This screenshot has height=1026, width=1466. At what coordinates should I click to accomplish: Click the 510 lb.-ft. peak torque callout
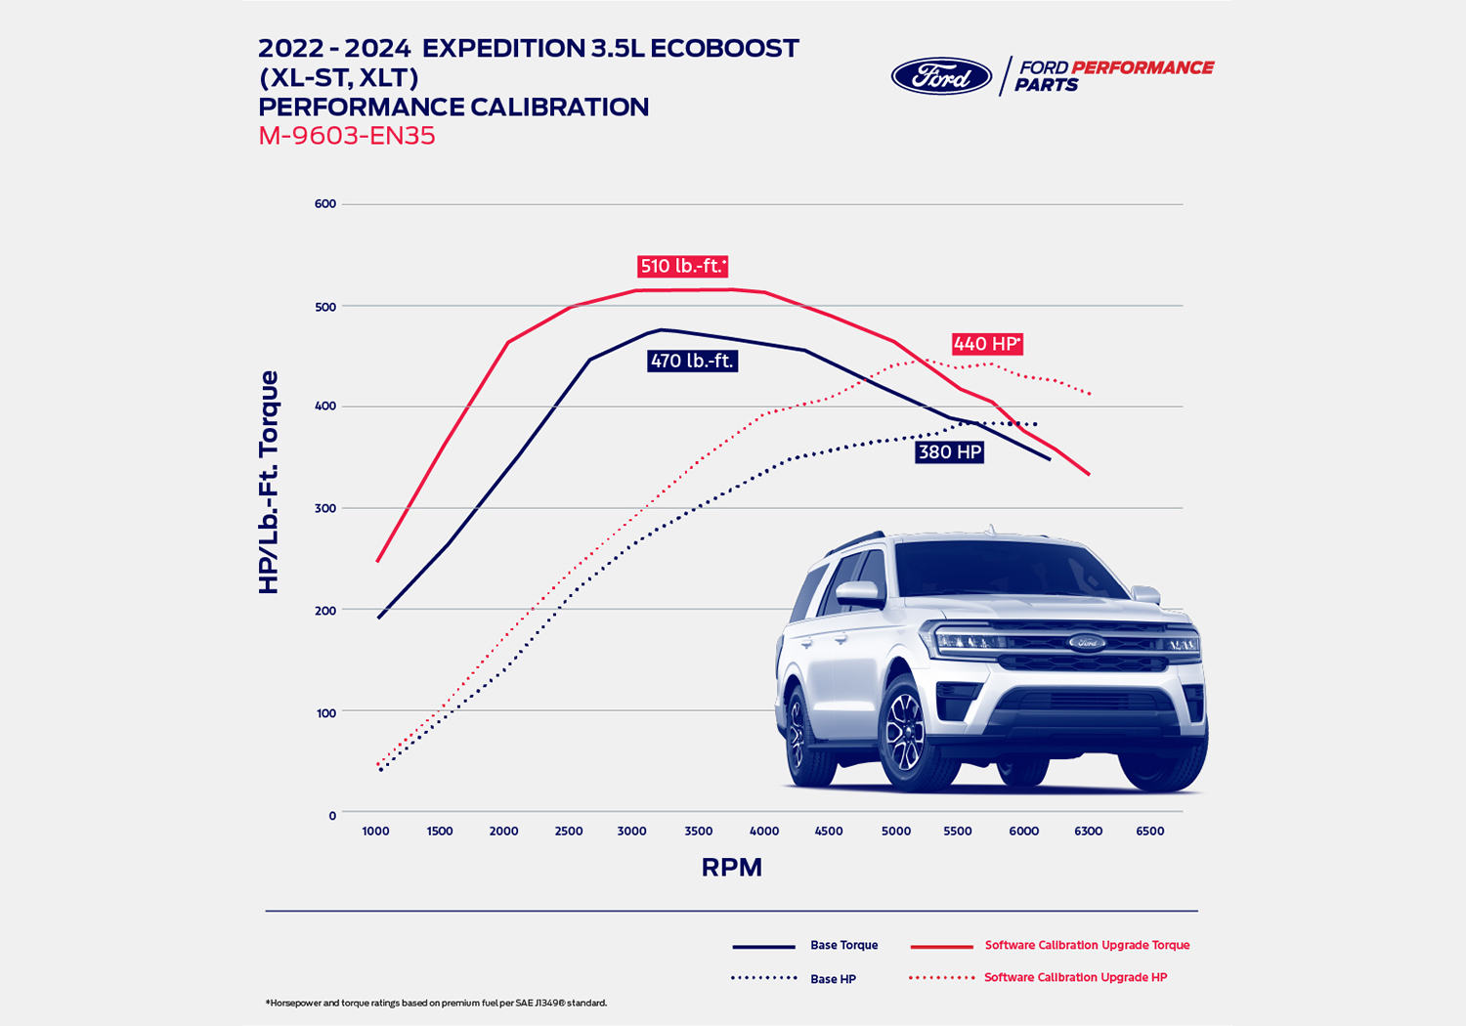(x=683, y=266)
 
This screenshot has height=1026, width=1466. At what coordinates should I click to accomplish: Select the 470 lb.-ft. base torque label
(x=692, y=362)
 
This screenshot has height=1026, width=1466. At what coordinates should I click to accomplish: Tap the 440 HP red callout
(x=987, y=344)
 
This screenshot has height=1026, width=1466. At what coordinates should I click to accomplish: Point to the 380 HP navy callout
(x=950, y=452)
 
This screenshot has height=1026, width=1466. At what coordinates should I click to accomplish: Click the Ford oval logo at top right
(x=941, y=76)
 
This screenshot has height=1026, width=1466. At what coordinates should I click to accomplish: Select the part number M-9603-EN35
(x=347, y=136)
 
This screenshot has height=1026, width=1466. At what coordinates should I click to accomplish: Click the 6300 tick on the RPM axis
(x=1088, y=832)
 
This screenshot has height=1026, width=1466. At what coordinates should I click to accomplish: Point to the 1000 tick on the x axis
(x=375, y=832)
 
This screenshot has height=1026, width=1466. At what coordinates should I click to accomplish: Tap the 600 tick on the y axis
(x=325, y=204)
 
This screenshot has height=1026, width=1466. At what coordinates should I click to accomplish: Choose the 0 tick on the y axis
(x=332, y=816)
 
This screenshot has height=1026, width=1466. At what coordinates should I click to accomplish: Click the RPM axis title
(x=731, y=868)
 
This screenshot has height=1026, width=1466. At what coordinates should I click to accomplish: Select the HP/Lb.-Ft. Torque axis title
(x=269, y=483)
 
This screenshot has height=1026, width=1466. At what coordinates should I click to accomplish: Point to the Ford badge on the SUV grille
(x=1086, y=642)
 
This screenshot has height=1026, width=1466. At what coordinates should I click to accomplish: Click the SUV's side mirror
(x=857, y=593)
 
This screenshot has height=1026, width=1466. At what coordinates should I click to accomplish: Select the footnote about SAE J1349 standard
(x=436, y=1004)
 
